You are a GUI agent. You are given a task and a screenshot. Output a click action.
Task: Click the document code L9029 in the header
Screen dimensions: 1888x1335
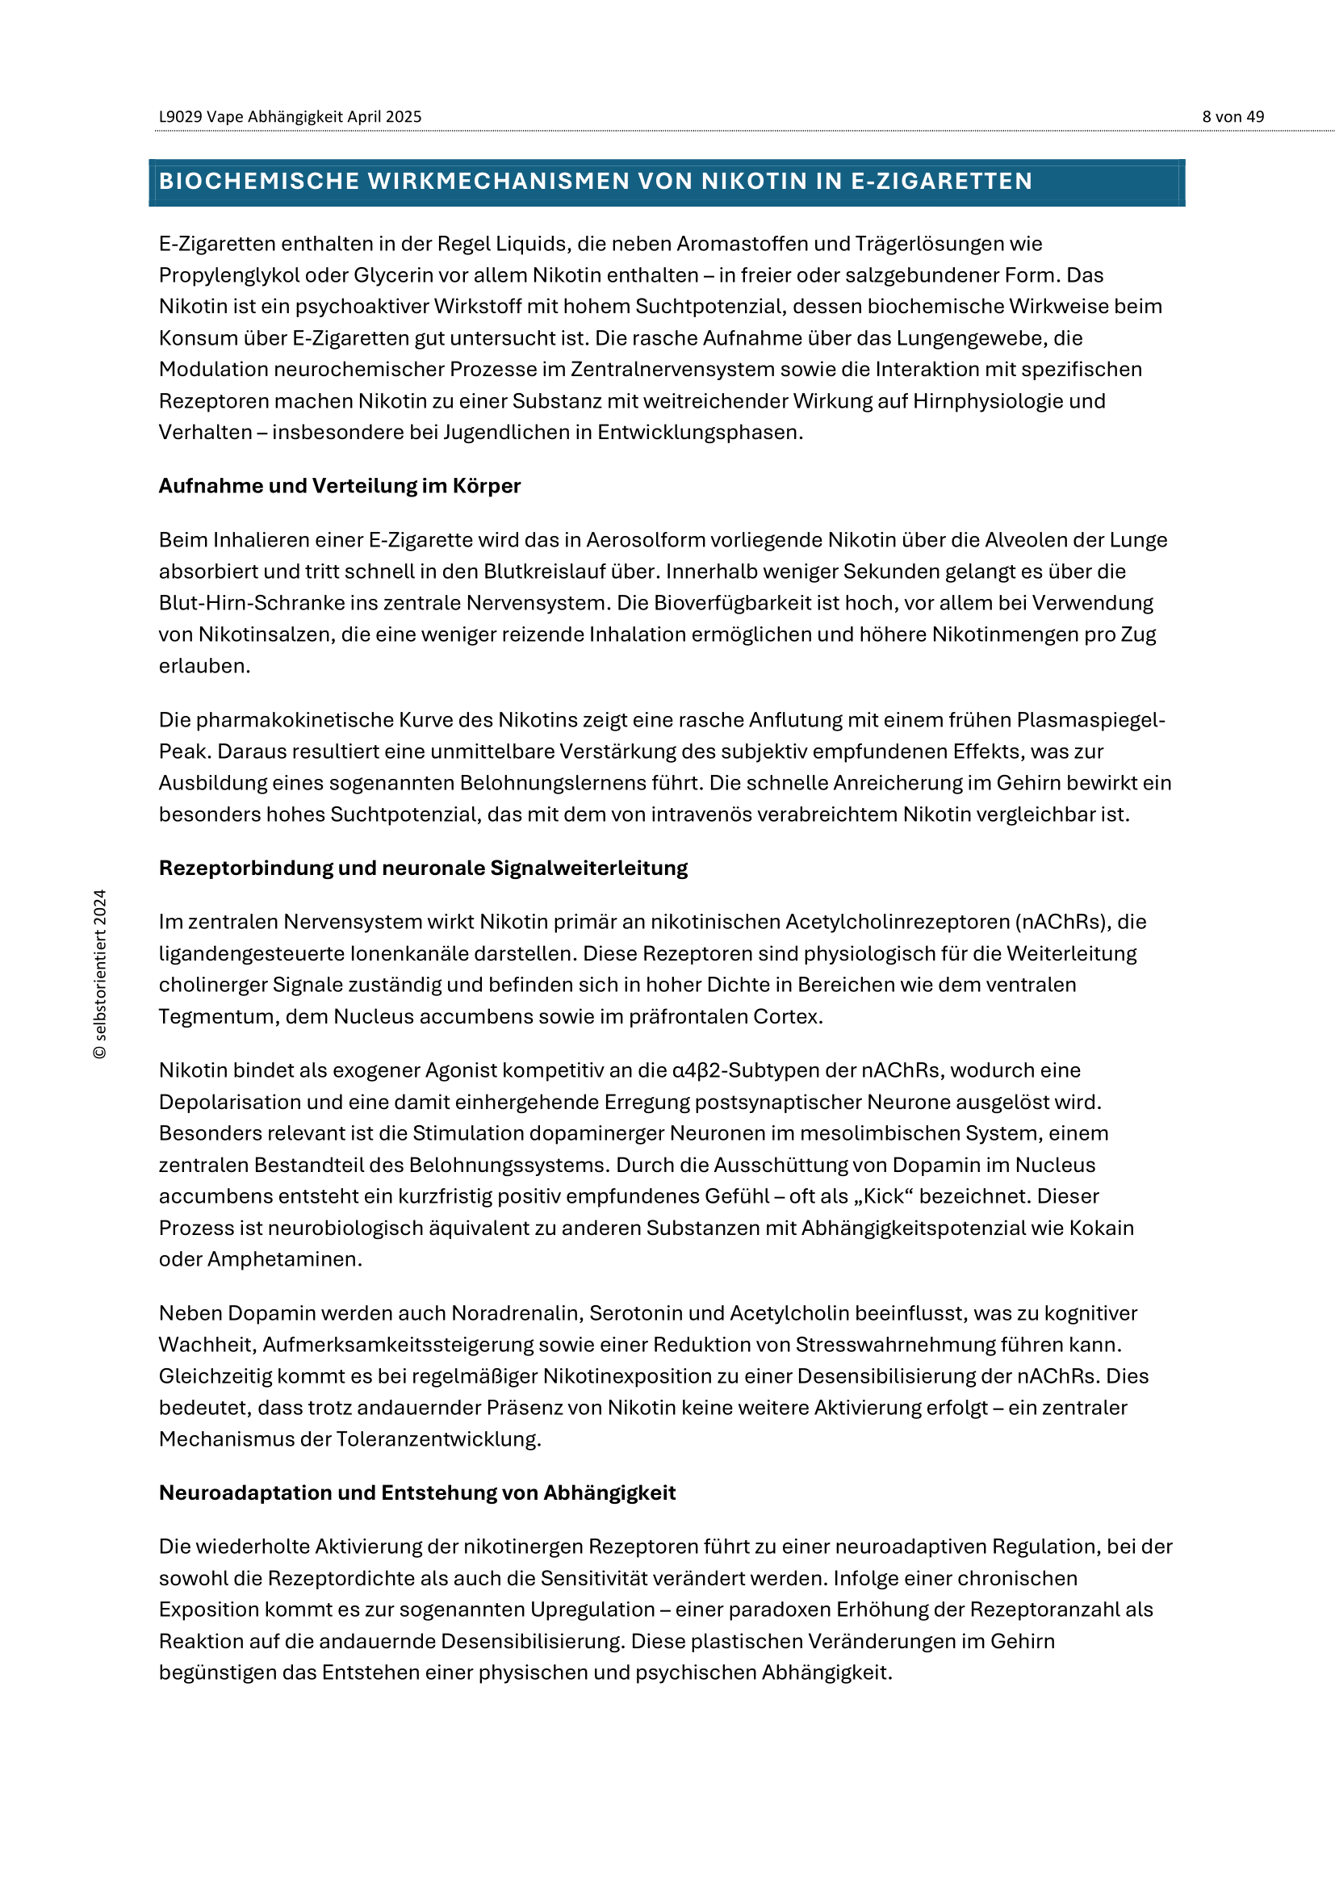point(180,117)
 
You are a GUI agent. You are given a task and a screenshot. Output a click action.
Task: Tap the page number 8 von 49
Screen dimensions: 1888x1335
point(1232,117)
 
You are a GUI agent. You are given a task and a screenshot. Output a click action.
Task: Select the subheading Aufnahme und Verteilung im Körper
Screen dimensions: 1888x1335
point(340,486)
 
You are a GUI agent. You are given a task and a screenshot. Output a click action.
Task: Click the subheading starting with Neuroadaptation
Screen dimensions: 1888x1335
point(416,1492)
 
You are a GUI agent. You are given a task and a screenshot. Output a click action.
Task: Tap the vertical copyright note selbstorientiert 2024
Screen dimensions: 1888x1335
point(100,973)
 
